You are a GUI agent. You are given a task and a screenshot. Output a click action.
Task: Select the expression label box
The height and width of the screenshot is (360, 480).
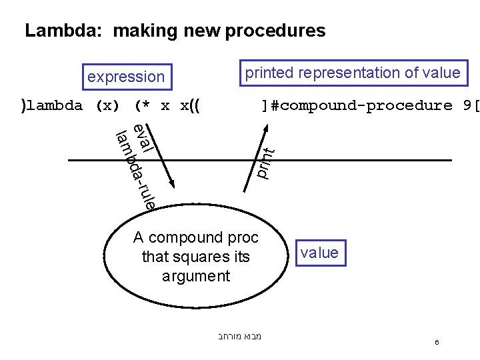coord(126,77)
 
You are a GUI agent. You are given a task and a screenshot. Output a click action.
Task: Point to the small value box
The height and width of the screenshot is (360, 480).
coord(319,253)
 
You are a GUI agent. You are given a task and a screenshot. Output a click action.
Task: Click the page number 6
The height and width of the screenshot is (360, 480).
coord(437,342)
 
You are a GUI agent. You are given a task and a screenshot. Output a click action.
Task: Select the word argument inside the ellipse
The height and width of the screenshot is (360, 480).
coord(196,275)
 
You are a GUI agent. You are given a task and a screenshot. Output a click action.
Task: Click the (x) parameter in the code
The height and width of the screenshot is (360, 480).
coord(107,105)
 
